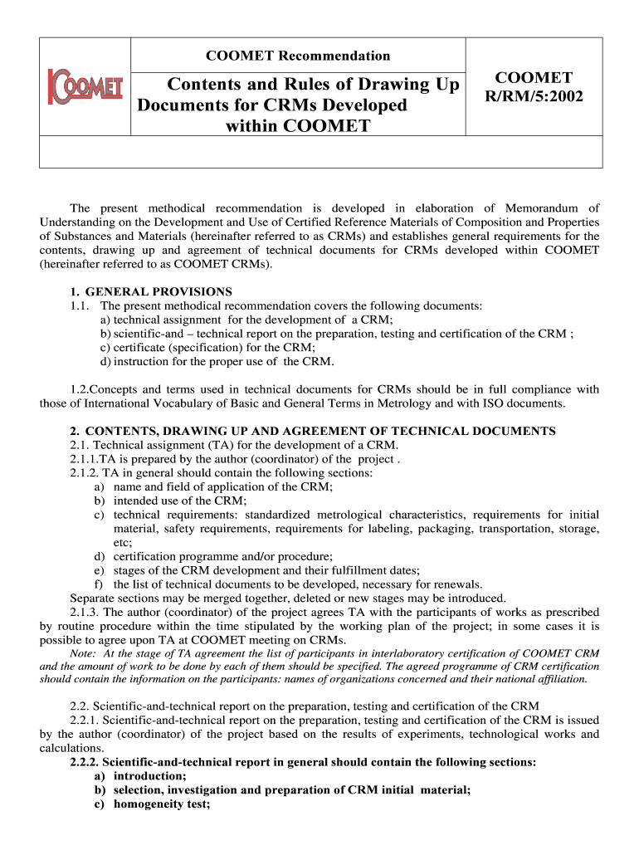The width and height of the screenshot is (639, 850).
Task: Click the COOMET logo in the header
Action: click(x=85, y=87)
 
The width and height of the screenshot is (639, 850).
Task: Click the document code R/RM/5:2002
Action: click(x=534, y=97)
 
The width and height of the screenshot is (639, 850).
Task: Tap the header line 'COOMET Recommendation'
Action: click(x=298, y=56)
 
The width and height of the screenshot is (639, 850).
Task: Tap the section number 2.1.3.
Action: click(x=85, y=613)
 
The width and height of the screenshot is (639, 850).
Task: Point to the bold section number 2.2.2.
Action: click(x=84, y=761)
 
